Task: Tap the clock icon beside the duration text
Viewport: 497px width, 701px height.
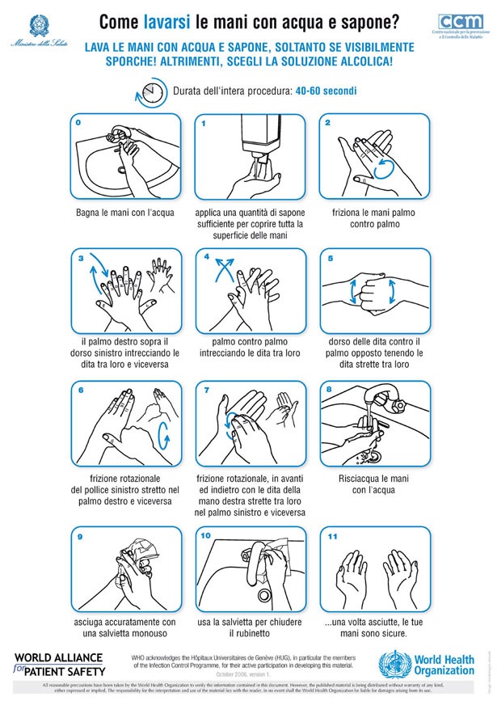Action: pos(150,91)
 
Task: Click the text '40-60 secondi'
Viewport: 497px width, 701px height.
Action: pos(326,91)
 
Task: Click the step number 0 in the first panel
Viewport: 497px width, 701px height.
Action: pos(78,123)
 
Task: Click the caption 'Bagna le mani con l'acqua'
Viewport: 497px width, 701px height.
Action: pos(122,213)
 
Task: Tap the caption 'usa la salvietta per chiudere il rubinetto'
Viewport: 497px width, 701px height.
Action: pos(249,627)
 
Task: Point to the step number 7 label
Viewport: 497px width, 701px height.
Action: pos(207,391)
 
